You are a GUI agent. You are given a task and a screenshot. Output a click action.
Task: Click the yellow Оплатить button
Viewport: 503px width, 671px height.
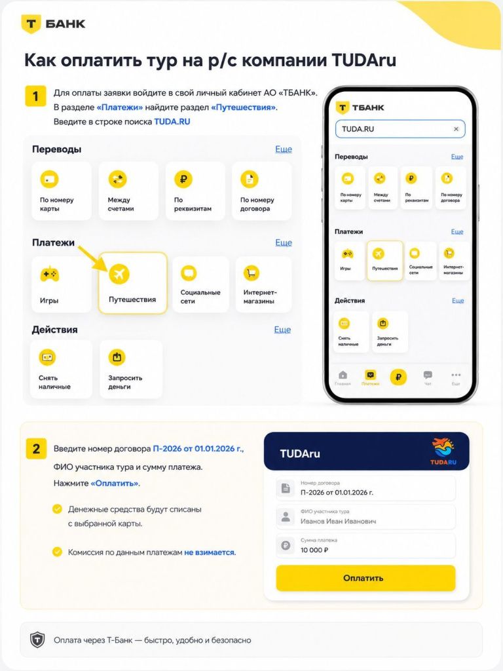point(365,578)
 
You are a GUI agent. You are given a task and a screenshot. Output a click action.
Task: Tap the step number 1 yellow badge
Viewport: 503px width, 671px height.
point(35,96)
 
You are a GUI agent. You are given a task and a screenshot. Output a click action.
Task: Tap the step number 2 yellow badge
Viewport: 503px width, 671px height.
point(37,448)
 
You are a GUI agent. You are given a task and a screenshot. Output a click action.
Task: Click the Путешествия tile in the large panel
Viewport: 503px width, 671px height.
point(132,283)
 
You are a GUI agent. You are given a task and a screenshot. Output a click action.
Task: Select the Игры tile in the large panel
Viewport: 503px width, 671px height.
point(61,284)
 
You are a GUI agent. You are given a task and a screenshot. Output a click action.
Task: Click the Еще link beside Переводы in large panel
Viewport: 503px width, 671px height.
point(283,149)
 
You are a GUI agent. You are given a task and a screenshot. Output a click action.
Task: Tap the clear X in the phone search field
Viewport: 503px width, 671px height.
point(456,129)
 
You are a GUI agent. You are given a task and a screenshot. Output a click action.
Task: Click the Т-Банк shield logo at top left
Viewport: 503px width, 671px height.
point(31,24)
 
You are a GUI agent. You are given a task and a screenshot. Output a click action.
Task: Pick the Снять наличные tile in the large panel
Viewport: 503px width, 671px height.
point(61,369)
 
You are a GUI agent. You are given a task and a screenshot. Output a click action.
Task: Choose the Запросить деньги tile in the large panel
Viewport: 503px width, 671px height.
point(131,369)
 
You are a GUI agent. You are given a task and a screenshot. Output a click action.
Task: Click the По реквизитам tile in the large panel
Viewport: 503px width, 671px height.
point(195,191)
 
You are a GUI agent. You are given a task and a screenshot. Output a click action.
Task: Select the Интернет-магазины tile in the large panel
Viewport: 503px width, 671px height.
point(263,284)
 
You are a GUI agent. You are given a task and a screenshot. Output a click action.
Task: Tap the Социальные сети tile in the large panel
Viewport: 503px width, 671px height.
point(200,284)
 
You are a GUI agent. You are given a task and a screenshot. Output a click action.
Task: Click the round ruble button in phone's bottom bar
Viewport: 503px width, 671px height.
point(398,377)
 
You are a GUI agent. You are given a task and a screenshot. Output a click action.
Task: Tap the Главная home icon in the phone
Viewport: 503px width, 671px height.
point(343,375)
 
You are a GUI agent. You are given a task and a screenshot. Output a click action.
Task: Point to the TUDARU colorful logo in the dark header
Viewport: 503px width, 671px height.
point(443,451)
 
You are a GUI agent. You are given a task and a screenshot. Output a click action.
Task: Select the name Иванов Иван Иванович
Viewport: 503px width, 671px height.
point(339,521)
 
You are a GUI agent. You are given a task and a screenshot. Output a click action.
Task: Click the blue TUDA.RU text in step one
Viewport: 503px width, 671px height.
point(172,121)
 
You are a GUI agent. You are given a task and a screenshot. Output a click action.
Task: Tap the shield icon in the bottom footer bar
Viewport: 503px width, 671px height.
point(37,640)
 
